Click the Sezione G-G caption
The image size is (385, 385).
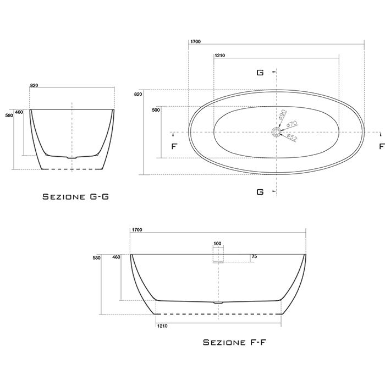[x=76, y=197]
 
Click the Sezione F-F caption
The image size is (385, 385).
[x=235, y=342]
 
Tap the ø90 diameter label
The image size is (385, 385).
[x=283, y=114]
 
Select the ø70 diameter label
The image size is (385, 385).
[x=291, y=124]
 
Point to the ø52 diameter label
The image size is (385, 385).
[x=292, y=137]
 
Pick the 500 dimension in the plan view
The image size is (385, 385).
[x=156, y=110]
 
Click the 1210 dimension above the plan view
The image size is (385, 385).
[x=220, y=56]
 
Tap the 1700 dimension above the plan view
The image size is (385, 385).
[x=195, y=42]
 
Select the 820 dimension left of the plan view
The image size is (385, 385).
[x=138, y=94]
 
